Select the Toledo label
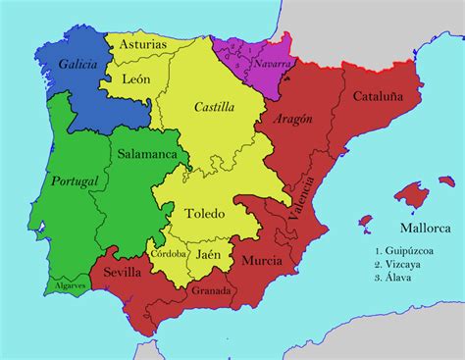pos(204,212)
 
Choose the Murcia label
pos(262,261)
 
